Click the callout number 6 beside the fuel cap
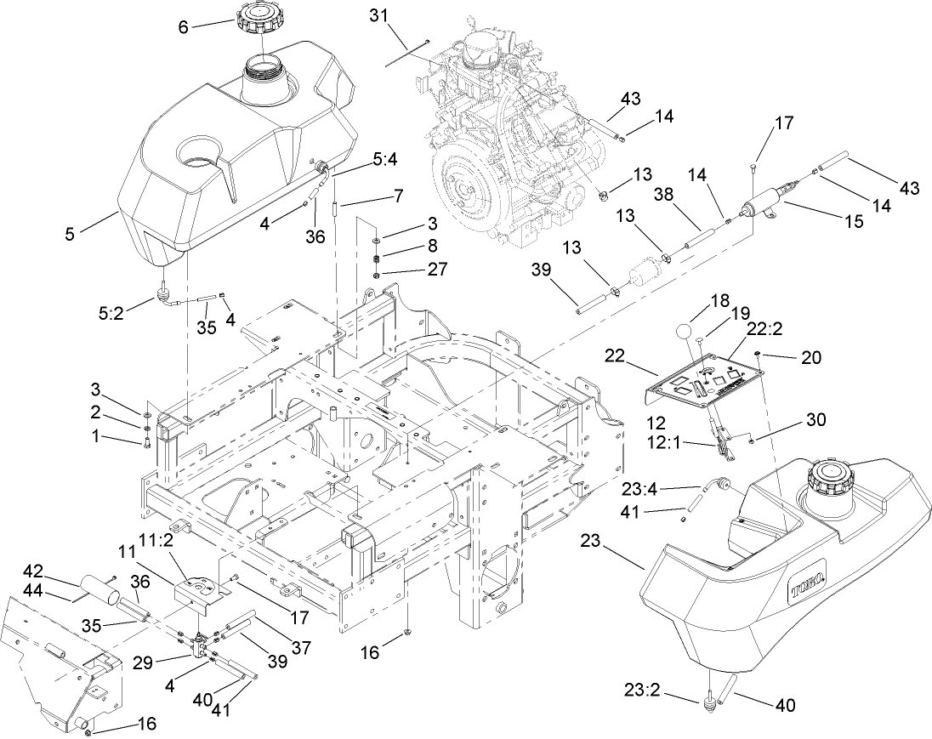click(183, 26)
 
